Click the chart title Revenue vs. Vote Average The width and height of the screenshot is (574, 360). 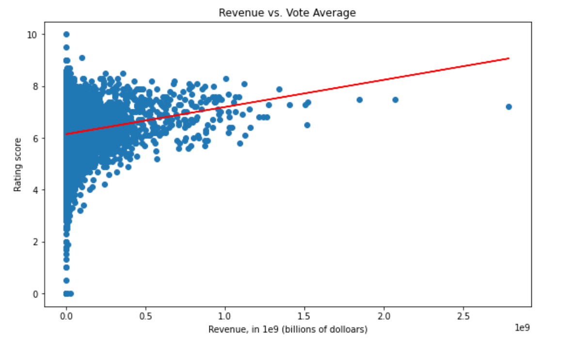[287, 13]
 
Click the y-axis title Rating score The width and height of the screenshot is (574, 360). [18, 164]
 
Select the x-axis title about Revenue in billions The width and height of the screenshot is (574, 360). [287, 329]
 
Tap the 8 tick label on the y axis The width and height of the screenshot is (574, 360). [36, 86]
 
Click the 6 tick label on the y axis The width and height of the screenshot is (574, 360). [36, 138]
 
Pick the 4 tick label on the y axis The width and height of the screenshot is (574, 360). [36, 190]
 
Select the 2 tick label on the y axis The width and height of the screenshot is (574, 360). [36, 242]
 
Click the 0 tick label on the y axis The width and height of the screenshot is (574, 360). [36, 294]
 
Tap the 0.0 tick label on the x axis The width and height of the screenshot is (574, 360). [66, 316]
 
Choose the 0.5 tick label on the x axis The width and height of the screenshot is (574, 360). [146, 316]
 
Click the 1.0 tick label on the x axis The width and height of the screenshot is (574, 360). [225, 316]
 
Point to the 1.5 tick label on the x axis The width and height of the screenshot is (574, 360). [304, 316]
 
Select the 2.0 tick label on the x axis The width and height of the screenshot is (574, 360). [384, 316]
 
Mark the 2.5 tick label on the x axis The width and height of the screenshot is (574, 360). [463, 316]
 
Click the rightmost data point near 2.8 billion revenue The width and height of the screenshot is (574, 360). [509, 107]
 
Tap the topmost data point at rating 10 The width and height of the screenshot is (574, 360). [66, 34]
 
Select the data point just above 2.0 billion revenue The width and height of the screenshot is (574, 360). [395, 99]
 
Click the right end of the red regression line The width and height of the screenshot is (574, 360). [509, 58]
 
